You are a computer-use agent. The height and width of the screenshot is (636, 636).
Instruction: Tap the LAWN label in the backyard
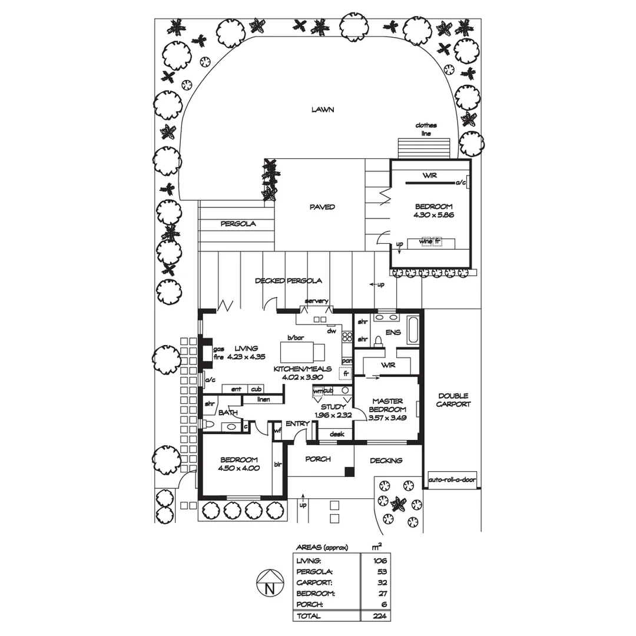point(323,110)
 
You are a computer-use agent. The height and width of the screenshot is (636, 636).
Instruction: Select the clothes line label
point(426,129)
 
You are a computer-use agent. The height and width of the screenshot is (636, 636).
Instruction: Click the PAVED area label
point(322,207)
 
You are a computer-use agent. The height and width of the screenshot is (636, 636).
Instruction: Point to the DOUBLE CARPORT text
point(453,400)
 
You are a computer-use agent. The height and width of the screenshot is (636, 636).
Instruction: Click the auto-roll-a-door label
point(452,479)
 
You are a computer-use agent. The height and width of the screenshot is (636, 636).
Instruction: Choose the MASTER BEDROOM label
point(387,405)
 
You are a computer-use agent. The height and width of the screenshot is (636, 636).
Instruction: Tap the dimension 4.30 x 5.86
point(433,215)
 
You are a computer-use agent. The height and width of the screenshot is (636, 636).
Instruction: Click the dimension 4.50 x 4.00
point(238,468)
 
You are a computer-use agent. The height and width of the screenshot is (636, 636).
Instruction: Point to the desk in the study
point(336,434)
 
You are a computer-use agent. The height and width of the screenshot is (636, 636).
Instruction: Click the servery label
point(316,301)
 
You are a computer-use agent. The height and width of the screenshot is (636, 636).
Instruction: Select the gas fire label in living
point(218,353)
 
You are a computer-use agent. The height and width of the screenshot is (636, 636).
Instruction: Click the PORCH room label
point(317,459)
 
